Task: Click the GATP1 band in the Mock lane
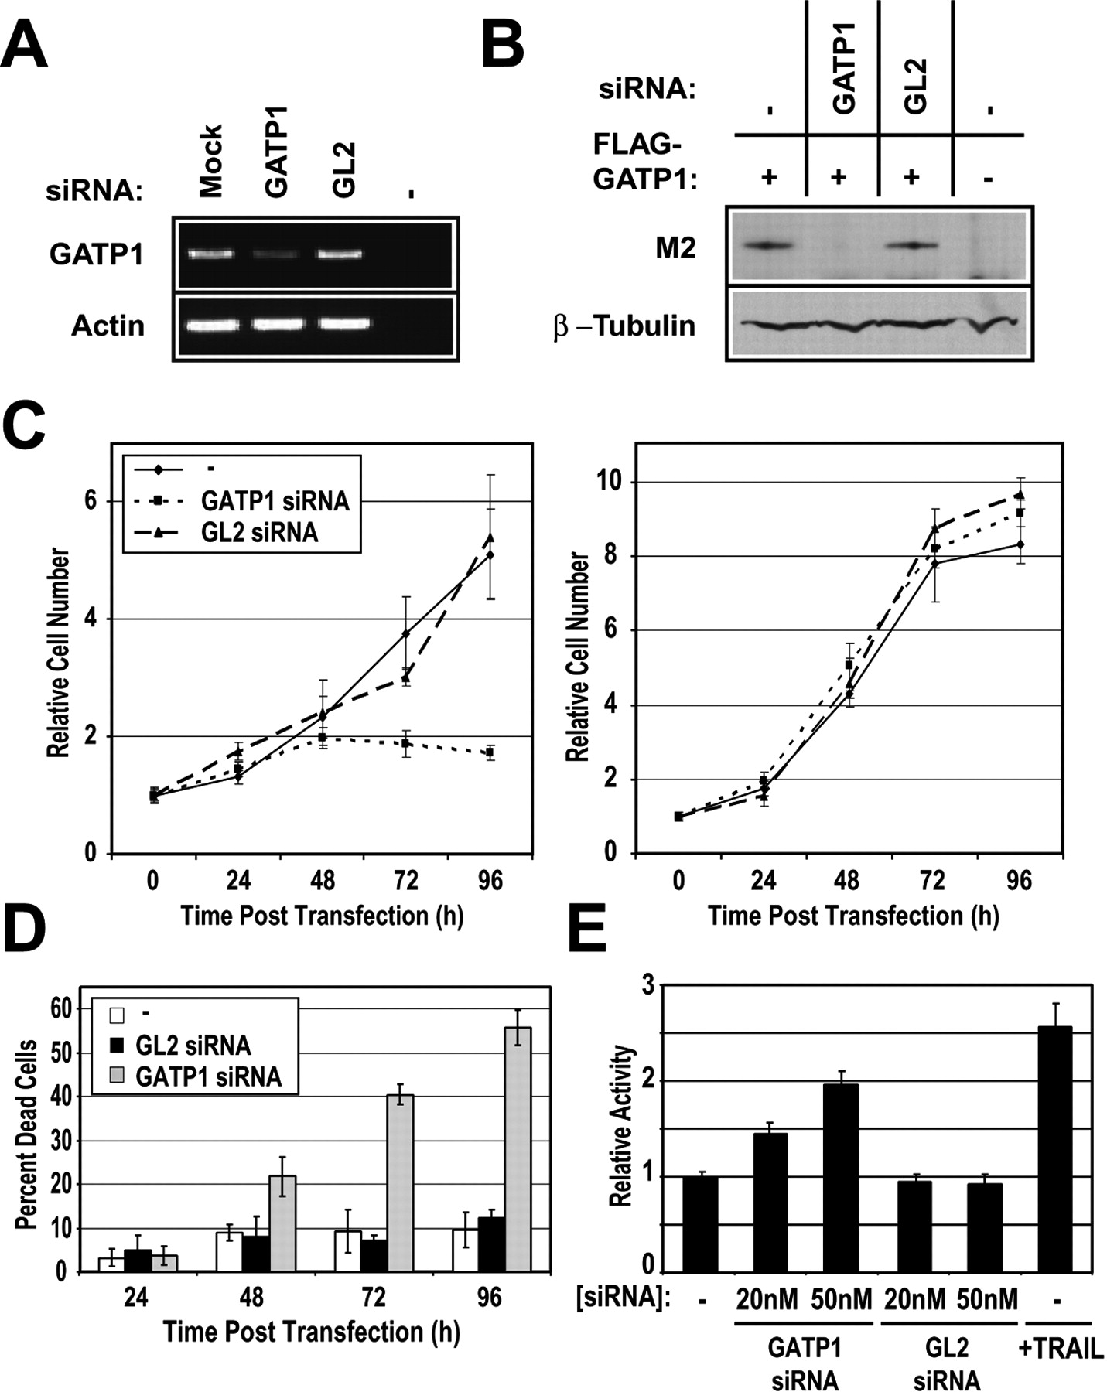pos(211,254)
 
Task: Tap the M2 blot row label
pos(675,249)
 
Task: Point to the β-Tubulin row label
pos(624,326)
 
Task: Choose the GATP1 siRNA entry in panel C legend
pos(275,502)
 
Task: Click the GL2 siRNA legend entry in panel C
pos(259,533)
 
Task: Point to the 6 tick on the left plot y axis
pos(91,501)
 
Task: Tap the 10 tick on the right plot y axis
pos(610,482)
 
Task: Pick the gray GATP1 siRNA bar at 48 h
pos(282,1223)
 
